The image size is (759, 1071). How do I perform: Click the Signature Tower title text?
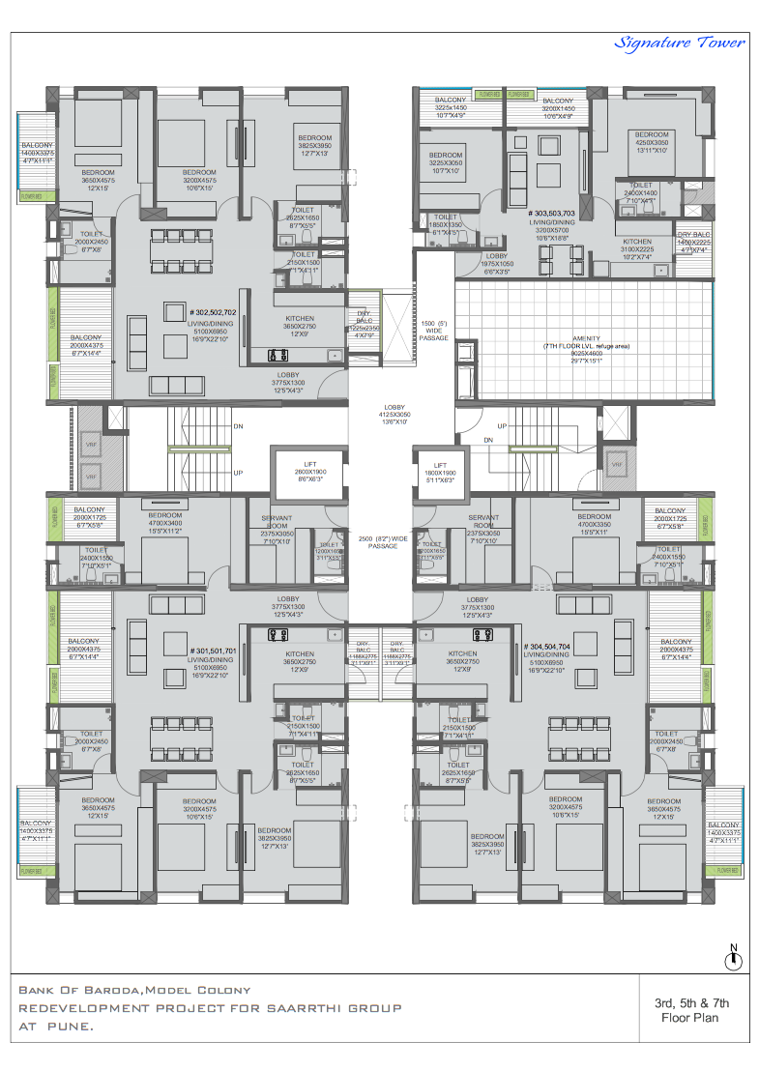[x=680, y=43]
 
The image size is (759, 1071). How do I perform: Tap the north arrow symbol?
[x=734, y=958]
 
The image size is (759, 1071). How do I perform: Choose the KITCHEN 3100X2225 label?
[x=636, y=247]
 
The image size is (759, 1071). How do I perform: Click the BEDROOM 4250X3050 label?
[x=652, y=140]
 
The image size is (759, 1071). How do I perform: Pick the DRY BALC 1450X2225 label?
[x=695, y=243]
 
